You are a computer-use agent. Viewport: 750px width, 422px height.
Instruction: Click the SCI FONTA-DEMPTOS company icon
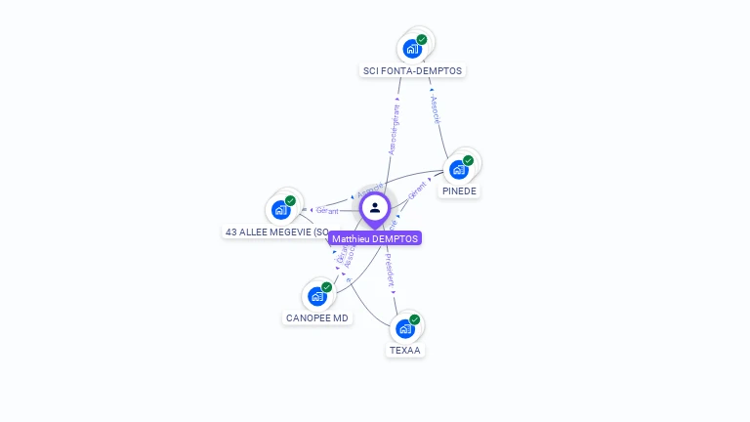point(413,48)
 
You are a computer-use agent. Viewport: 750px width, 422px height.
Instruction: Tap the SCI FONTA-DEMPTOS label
point(413,70)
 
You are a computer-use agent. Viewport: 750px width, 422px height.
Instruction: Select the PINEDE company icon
point(459,169)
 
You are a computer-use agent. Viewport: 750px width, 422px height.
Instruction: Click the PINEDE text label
point(459,191)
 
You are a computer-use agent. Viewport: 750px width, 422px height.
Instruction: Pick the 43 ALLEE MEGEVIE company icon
point(281,209)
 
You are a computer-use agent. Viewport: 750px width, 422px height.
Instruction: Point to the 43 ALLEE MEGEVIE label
point(276,232)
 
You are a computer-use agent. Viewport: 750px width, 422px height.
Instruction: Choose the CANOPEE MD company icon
point(317,295)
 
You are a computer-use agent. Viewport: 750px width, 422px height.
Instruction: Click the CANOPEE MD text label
point(317,317)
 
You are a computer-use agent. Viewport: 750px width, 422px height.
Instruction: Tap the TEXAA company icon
point(405,328)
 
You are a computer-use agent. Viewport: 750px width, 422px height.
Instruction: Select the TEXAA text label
point(405,350)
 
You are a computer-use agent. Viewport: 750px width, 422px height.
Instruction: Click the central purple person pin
point(375,208)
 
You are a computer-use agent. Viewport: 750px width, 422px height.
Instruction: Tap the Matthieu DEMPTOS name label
point(375,238)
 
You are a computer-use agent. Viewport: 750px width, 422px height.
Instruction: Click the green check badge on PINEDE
point(468,160)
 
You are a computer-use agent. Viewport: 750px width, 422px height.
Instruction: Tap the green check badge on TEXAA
point(414,319)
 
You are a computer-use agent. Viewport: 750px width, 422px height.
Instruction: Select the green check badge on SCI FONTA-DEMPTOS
point(422,40)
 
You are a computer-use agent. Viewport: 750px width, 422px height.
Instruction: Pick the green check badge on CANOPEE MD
point(326,287)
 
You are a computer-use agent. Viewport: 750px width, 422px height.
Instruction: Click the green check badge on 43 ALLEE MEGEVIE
point(290,201)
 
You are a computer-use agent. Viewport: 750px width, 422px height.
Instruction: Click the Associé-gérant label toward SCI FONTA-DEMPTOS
point(395,129)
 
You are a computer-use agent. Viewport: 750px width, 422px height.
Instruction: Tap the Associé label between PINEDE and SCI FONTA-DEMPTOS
point(436,109)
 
